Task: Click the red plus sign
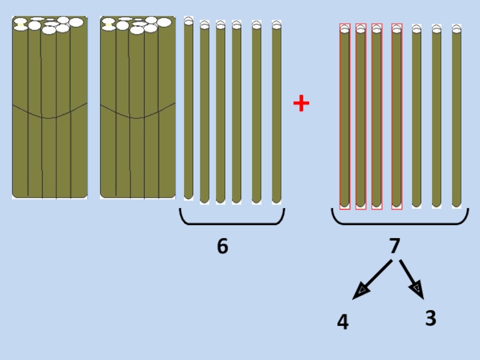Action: [301, 104]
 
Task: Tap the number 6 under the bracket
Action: [223, 246]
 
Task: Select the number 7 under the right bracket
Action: [394, 246]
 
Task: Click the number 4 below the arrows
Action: [343, 323]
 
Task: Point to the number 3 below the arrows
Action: [430, 319]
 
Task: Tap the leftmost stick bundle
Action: [50, 108]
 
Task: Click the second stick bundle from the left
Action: [137, 108]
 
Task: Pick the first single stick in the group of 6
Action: [188, 108]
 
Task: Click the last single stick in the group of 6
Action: [276, 111]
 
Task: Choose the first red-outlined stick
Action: [344, 117]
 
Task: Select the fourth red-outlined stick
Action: [397, 117]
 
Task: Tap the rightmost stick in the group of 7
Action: [457, 117]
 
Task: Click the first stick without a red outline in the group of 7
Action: [416, 117]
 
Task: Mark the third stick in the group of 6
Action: [220, 111]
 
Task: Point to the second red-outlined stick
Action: [361, 117]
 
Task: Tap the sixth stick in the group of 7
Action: [437, 117]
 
